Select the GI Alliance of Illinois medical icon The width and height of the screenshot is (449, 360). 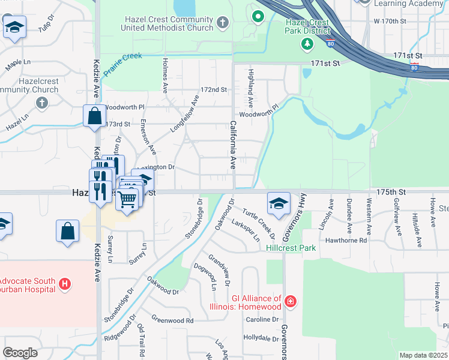pos(291,301)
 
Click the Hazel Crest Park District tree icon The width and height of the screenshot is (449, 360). pos(307,44)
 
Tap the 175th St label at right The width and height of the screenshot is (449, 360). pos(391,192)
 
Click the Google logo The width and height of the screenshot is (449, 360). pos(20,353)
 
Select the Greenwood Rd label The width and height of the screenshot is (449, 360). pos(173,320)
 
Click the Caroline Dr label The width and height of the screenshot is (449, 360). pos(262,319)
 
